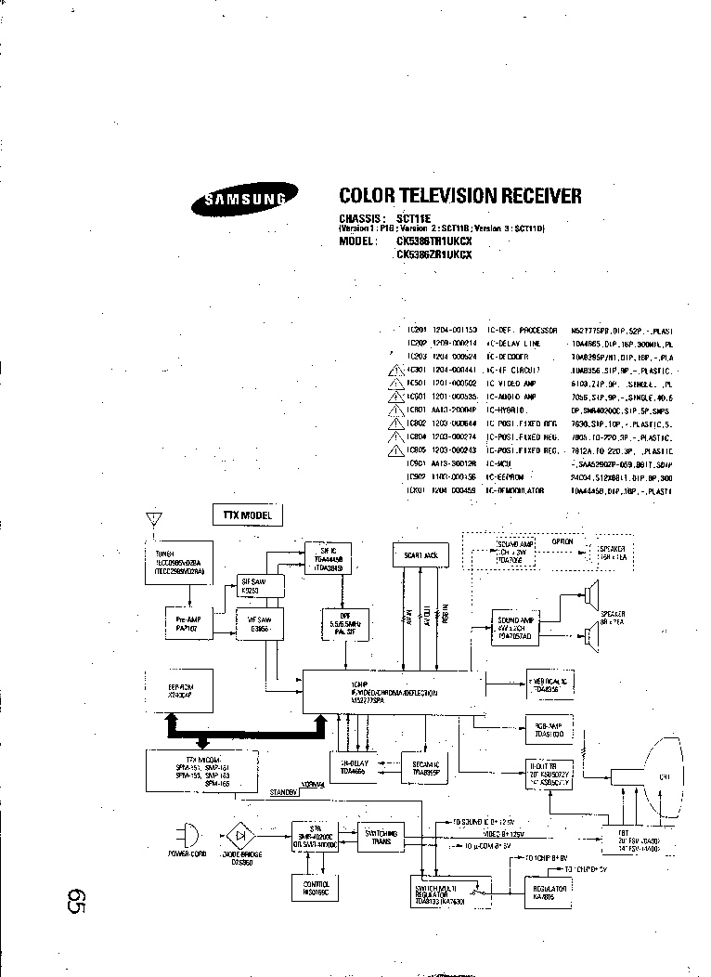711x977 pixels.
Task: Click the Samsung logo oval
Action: (x=246, y=197)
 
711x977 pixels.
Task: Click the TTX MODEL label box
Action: (x=247, y=514)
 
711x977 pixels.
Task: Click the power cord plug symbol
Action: (x=188, y=831)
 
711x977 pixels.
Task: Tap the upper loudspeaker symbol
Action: (x=591, y=594)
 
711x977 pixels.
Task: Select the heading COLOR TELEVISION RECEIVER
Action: (x=460, y=196)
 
